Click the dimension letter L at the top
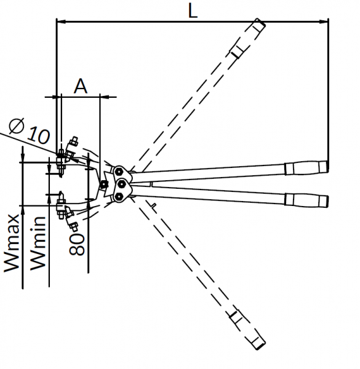(x=193, y=11)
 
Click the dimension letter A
(x=81, y=86)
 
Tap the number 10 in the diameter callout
(x=39, y=135)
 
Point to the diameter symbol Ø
(x=17, y=125)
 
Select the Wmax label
(x=11, y=243)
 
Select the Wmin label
(x=37, y=244)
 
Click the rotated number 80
(x=77, y=244)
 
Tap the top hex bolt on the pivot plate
(x=118, y=172)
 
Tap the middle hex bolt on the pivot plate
(x=121, y=184)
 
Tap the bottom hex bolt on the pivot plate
(x=118, y=197)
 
